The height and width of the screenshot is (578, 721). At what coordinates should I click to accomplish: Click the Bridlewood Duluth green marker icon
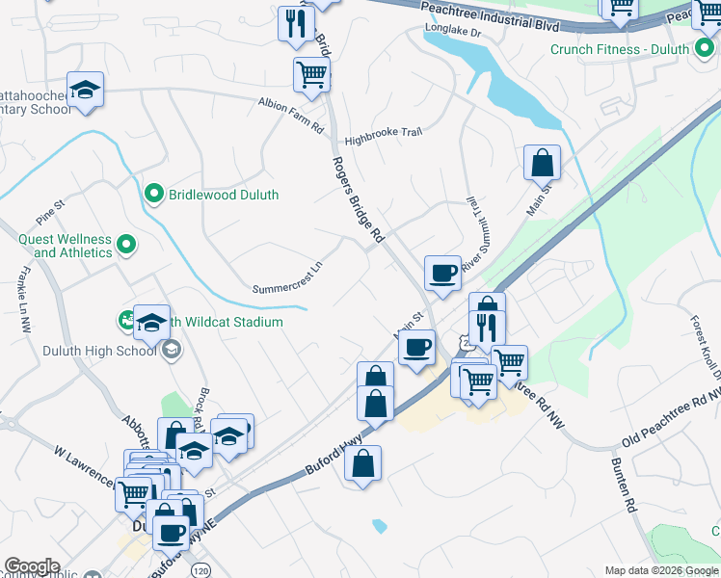(152, 195)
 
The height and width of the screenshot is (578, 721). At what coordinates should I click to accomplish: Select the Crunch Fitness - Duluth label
(620, 49)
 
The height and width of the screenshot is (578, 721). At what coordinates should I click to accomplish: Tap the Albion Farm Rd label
(290, 101)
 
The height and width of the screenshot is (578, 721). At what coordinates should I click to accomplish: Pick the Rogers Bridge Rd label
(359, 199)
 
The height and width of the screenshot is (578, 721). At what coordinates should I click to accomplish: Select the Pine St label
(48, 205)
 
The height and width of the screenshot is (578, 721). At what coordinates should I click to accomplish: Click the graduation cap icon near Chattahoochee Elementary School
(86, 90)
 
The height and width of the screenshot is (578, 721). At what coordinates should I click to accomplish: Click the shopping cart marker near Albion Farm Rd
(311, 73)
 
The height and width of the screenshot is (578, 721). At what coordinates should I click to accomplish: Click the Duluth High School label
(99, 351)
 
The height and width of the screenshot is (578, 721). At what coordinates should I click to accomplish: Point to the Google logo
(32, 566)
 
